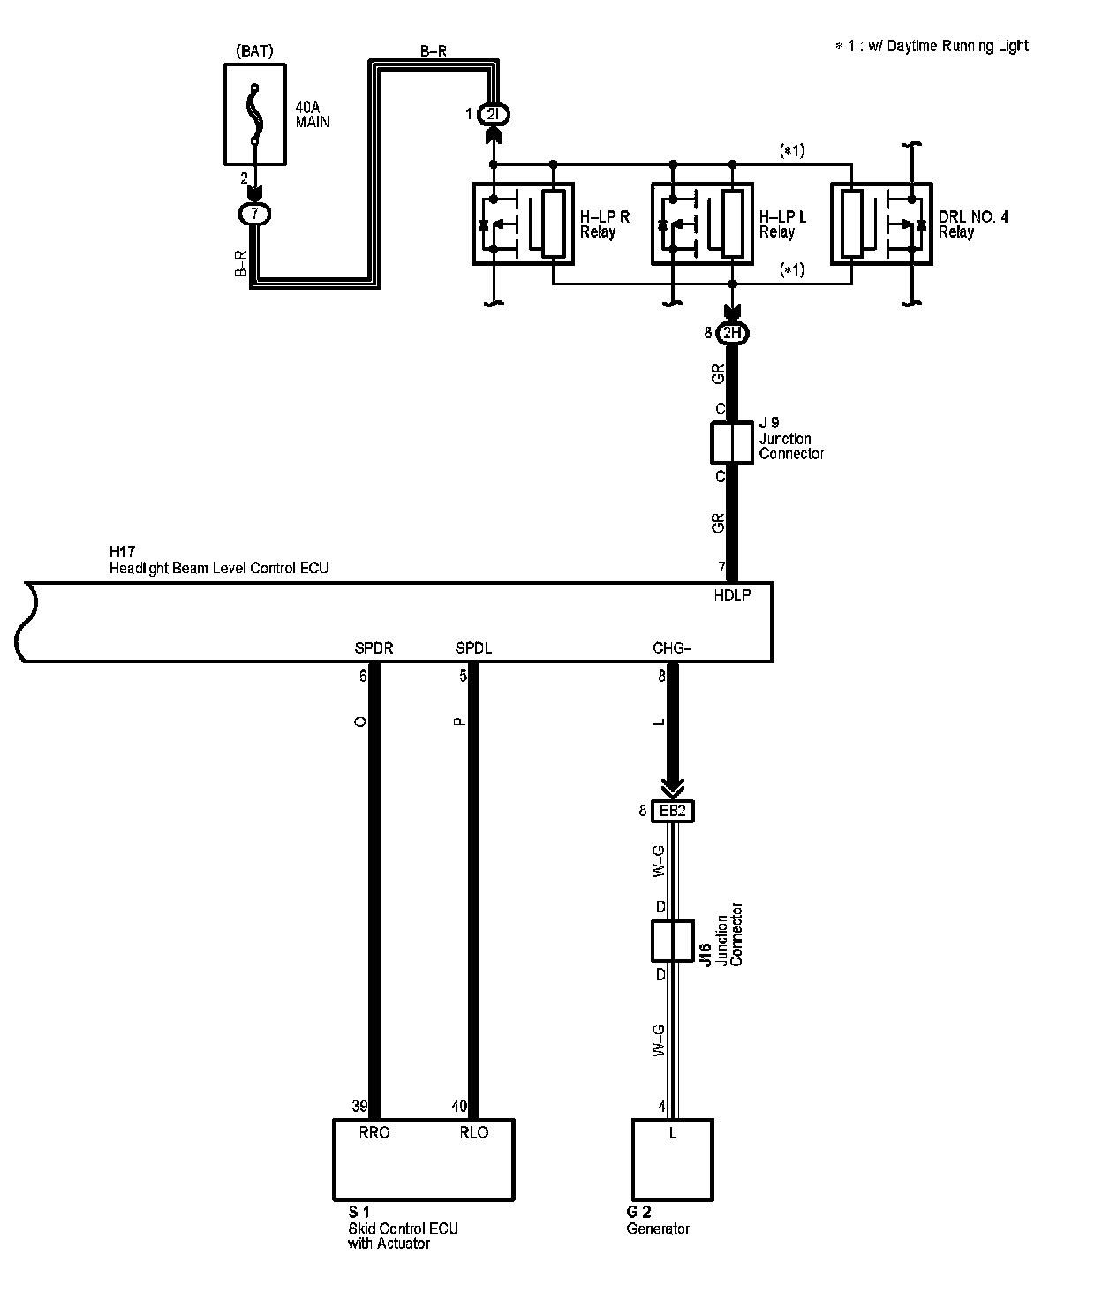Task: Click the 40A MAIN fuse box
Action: pos(255,114)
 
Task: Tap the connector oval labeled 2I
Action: pos(493,114)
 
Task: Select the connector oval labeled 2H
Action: pos(732,334)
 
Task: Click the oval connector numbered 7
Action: pos(255,214)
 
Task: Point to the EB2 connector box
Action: pos(673,811)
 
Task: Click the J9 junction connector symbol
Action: pos(732,442)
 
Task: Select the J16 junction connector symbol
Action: pos(673,941)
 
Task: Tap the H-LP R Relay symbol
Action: pos(523,223)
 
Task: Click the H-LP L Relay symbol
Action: pos(702,223)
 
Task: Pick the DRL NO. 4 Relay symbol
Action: pos(881,223)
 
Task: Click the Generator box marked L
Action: pos(673,1159)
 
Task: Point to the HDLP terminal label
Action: pos(732,595)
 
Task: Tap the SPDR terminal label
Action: pos(374,648)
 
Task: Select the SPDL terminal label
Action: pos(473,648)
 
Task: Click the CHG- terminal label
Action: pos(672,648)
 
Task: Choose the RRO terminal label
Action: pos(374,1132)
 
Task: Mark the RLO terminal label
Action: pos(474,1132)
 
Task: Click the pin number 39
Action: pos(359,1107)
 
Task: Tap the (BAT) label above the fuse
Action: pos(255,51)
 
